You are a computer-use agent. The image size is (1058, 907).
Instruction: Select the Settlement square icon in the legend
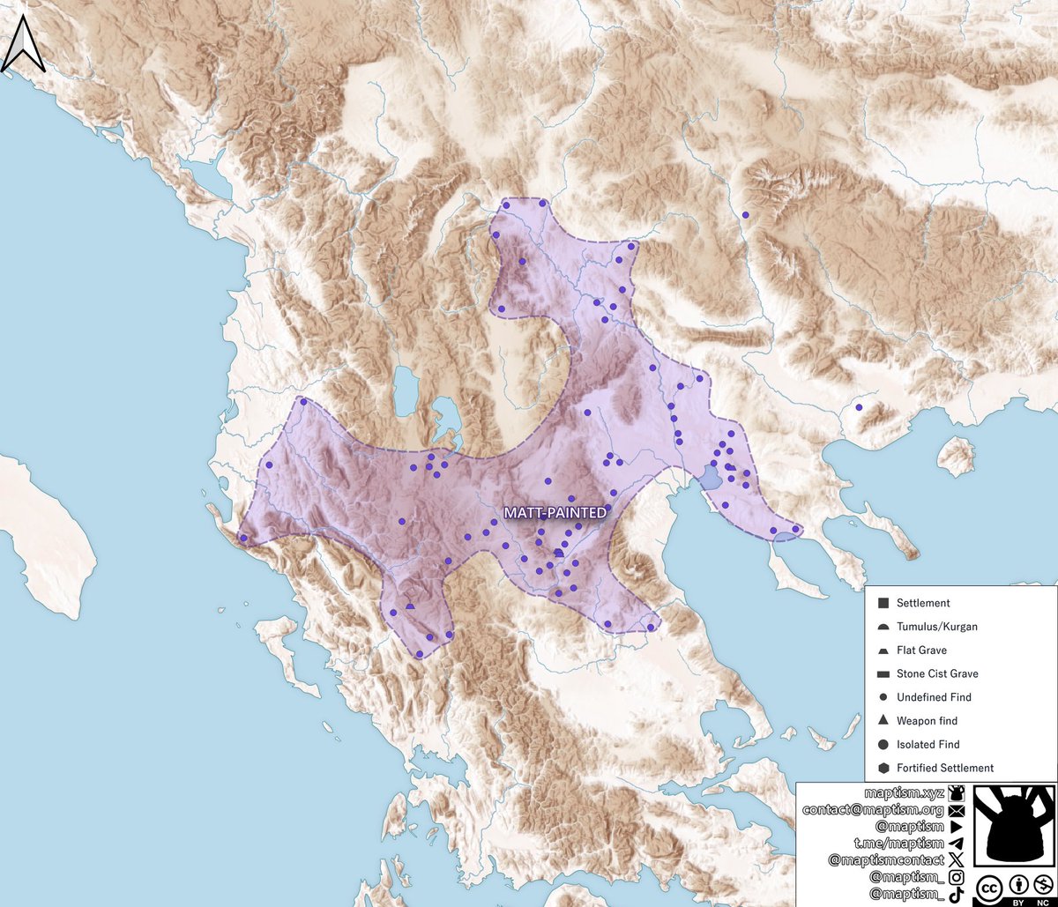coord(883,604)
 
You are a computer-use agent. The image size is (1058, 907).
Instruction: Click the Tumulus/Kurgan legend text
coord(936,627)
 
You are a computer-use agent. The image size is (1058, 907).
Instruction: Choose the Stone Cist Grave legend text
coord(936,673)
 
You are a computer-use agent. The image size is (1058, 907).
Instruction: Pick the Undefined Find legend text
coord(934,697)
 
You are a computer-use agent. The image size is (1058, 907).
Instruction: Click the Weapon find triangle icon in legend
coord(883,721)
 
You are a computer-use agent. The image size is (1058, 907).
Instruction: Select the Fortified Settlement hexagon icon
coord(883,768)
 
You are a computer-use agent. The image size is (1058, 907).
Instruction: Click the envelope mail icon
coord(957,810)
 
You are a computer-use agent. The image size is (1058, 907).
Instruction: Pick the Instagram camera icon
coord(957,877)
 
